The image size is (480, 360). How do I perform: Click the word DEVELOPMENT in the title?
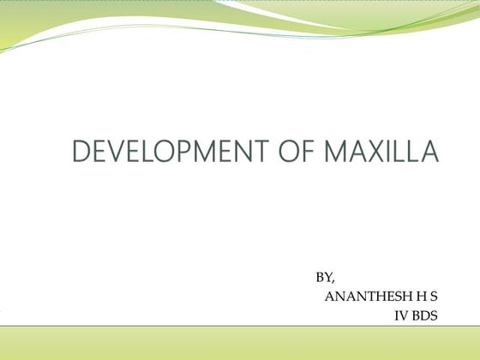(x=157, y=153)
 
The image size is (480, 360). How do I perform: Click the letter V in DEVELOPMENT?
(x=106, y=153)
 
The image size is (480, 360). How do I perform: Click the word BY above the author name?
(x=323, y=278)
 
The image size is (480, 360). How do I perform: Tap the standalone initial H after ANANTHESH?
(x=422, y=297)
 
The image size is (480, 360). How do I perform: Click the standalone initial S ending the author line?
(x=434, y=297)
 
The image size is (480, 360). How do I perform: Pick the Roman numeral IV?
(x=400, y=316)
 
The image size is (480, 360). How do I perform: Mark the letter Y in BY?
(x=327, y=278)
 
